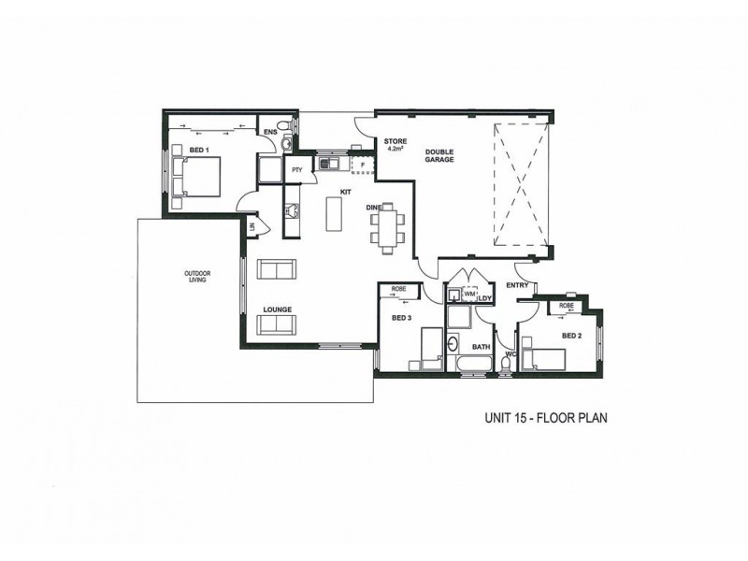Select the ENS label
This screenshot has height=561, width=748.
point(269,132)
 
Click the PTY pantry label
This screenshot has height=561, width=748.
point(296,169)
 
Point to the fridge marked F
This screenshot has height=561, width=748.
point(362,165)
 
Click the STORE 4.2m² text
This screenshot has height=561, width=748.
point(394,144)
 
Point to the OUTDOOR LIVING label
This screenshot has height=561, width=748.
point(197,276)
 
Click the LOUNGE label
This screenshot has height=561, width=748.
point(280,309)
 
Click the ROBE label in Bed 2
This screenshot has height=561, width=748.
point(565,306)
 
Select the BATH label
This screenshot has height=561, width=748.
point(482,347)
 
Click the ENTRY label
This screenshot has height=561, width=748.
point(516,284)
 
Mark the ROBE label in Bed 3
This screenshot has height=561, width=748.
point(397,290)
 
